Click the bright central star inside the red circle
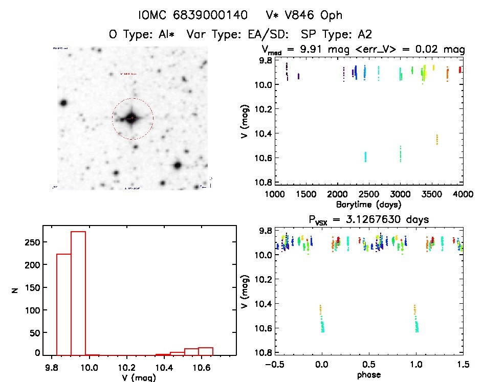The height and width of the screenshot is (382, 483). click(132, 118)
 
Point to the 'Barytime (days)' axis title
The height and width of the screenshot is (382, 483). click(368, 204)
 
